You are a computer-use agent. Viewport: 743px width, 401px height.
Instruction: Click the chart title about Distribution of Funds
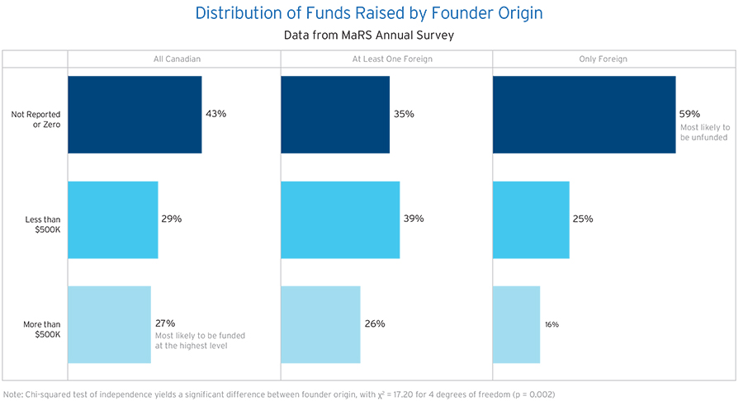click(x=369, y=13)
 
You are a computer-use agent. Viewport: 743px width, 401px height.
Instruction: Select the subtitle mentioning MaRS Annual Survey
click(x=369, y=35)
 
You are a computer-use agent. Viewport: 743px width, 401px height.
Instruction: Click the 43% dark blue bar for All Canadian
click(x=135, y=115)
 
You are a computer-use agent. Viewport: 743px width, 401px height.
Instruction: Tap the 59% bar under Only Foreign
click(x=584, y=115)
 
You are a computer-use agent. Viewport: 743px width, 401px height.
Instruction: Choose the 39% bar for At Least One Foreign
click(x=340, y=219)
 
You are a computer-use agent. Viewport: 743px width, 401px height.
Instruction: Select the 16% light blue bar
click(x=516, y=324)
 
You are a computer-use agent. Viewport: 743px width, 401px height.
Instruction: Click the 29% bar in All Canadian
click(x=112, y=219)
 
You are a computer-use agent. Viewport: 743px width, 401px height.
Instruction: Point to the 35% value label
click(x=405, y=114)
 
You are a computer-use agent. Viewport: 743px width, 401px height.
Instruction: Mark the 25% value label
click(x=584, y=219)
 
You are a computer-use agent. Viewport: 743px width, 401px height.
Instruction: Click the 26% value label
click(x=375, y=323)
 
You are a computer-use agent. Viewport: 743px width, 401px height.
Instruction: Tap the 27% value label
click(x=165, y=323)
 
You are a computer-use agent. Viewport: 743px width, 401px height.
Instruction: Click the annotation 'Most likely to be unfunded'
click(x=705, y=132)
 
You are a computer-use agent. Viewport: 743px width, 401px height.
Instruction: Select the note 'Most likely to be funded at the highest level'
click(x=200, y=341)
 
